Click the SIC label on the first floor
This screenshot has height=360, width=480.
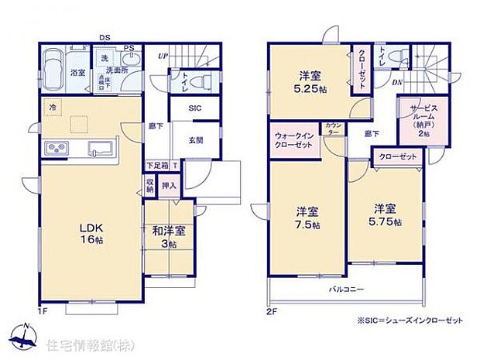tap(195, 108)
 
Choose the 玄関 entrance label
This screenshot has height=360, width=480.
tap(196, 140)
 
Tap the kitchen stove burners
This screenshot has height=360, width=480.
tap(57, 146)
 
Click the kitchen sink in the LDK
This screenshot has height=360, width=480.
tap(101, 147)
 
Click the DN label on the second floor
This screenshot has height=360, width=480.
tap(396, 81)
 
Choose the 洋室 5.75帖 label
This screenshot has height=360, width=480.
tap(386, 214)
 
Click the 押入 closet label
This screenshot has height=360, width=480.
tap(170, 185)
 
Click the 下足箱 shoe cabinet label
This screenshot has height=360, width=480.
tap(158, 165)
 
